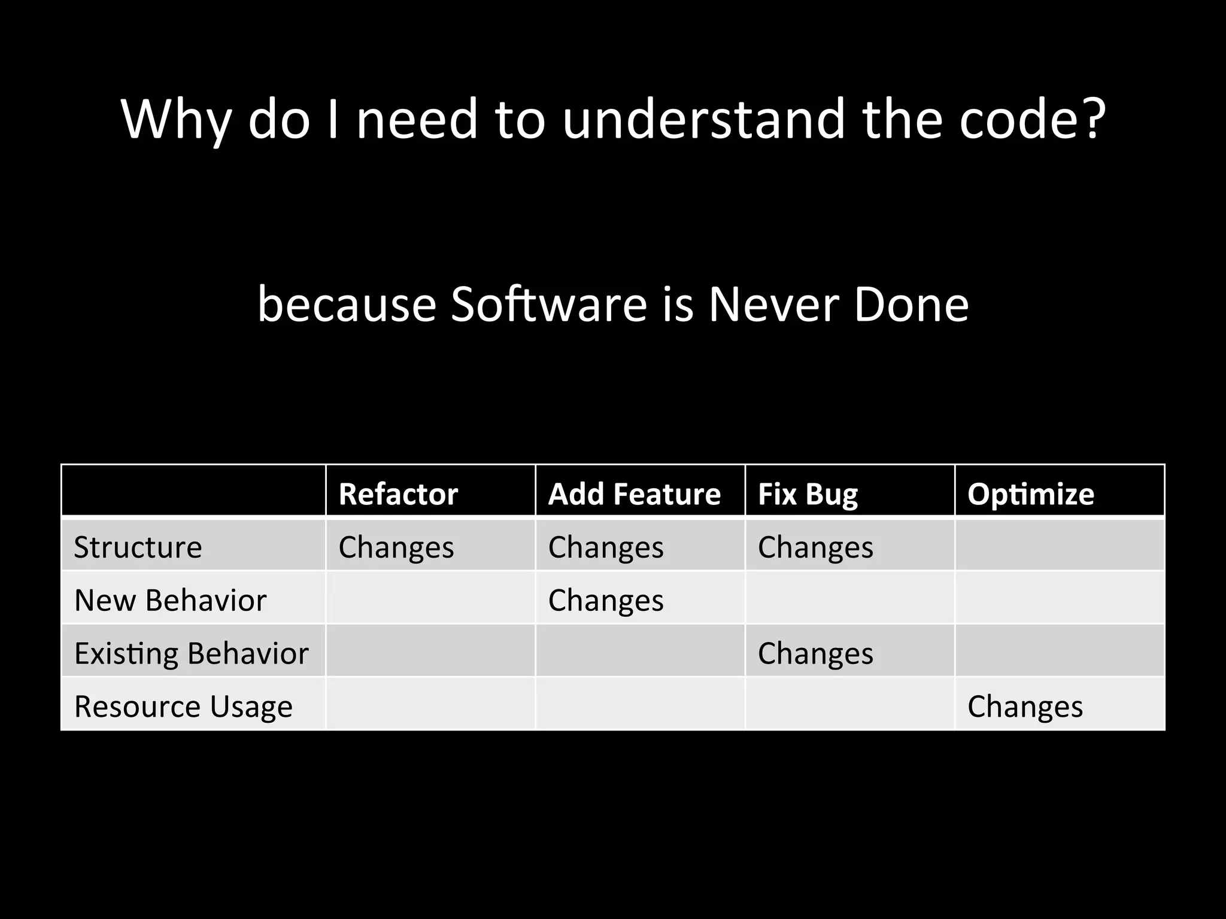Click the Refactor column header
pos(398,494)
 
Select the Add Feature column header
pos(635,494)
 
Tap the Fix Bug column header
pos(808,494)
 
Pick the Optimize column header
pos(1031,494)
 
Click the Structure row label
pos(138,547)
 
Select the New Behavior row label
pos(170,600)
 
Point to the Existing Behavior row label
pos(191,653)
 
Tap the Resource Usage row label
pos(183,706)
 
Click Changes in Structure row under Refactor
pos(396,547)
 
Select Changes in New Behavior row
pos(606,600)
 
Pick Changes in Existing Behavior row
pos(815,653)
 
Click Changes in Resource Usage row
pos(1025,706)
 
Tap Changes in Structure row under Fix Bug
pos(815,547)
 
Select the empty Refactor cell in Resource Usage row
pos(430,704)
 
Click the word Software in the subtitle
pos(548,304)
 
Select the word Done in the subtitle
pos(911,304)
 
